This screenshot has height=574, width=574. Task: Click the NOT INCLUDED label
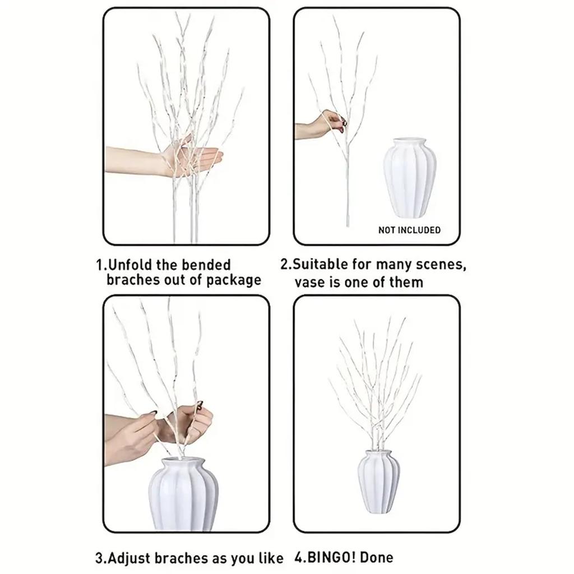point(409,230)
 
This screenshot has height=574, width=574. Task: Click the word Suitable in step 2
point(322,264)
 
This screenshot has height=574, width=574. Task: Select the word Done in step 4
point(377,558)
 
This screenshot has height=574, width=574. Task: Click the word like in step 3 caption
point(271,558)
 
